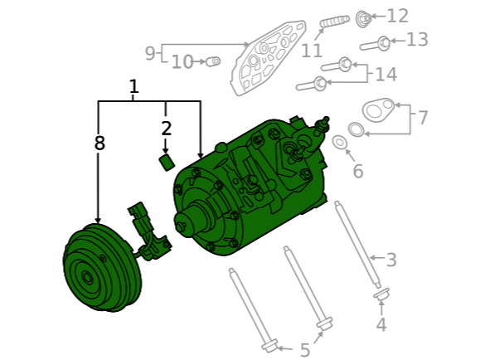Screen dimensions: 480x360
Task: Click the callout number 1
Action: coord(133,87)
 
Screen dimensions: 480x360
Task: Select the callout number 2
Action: coord(166,129)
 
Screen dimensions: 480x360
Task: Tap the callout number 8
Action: coord(99,143)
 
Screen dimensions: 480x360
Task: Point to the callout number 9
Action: coord(150,53)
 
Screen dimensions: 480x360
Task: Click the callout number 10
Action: coord(182,62)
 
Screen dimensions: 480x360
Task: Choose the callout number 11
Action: coord(312,51)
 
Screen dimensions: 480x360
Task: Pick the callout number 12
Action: coord(398,16)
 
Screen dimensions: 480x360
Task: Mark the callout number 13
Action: coord(417,40)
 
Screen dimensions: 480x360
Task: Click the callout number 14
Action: coord(386,75)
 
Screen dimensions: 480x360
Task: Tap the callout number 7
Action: coord(423,118)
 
